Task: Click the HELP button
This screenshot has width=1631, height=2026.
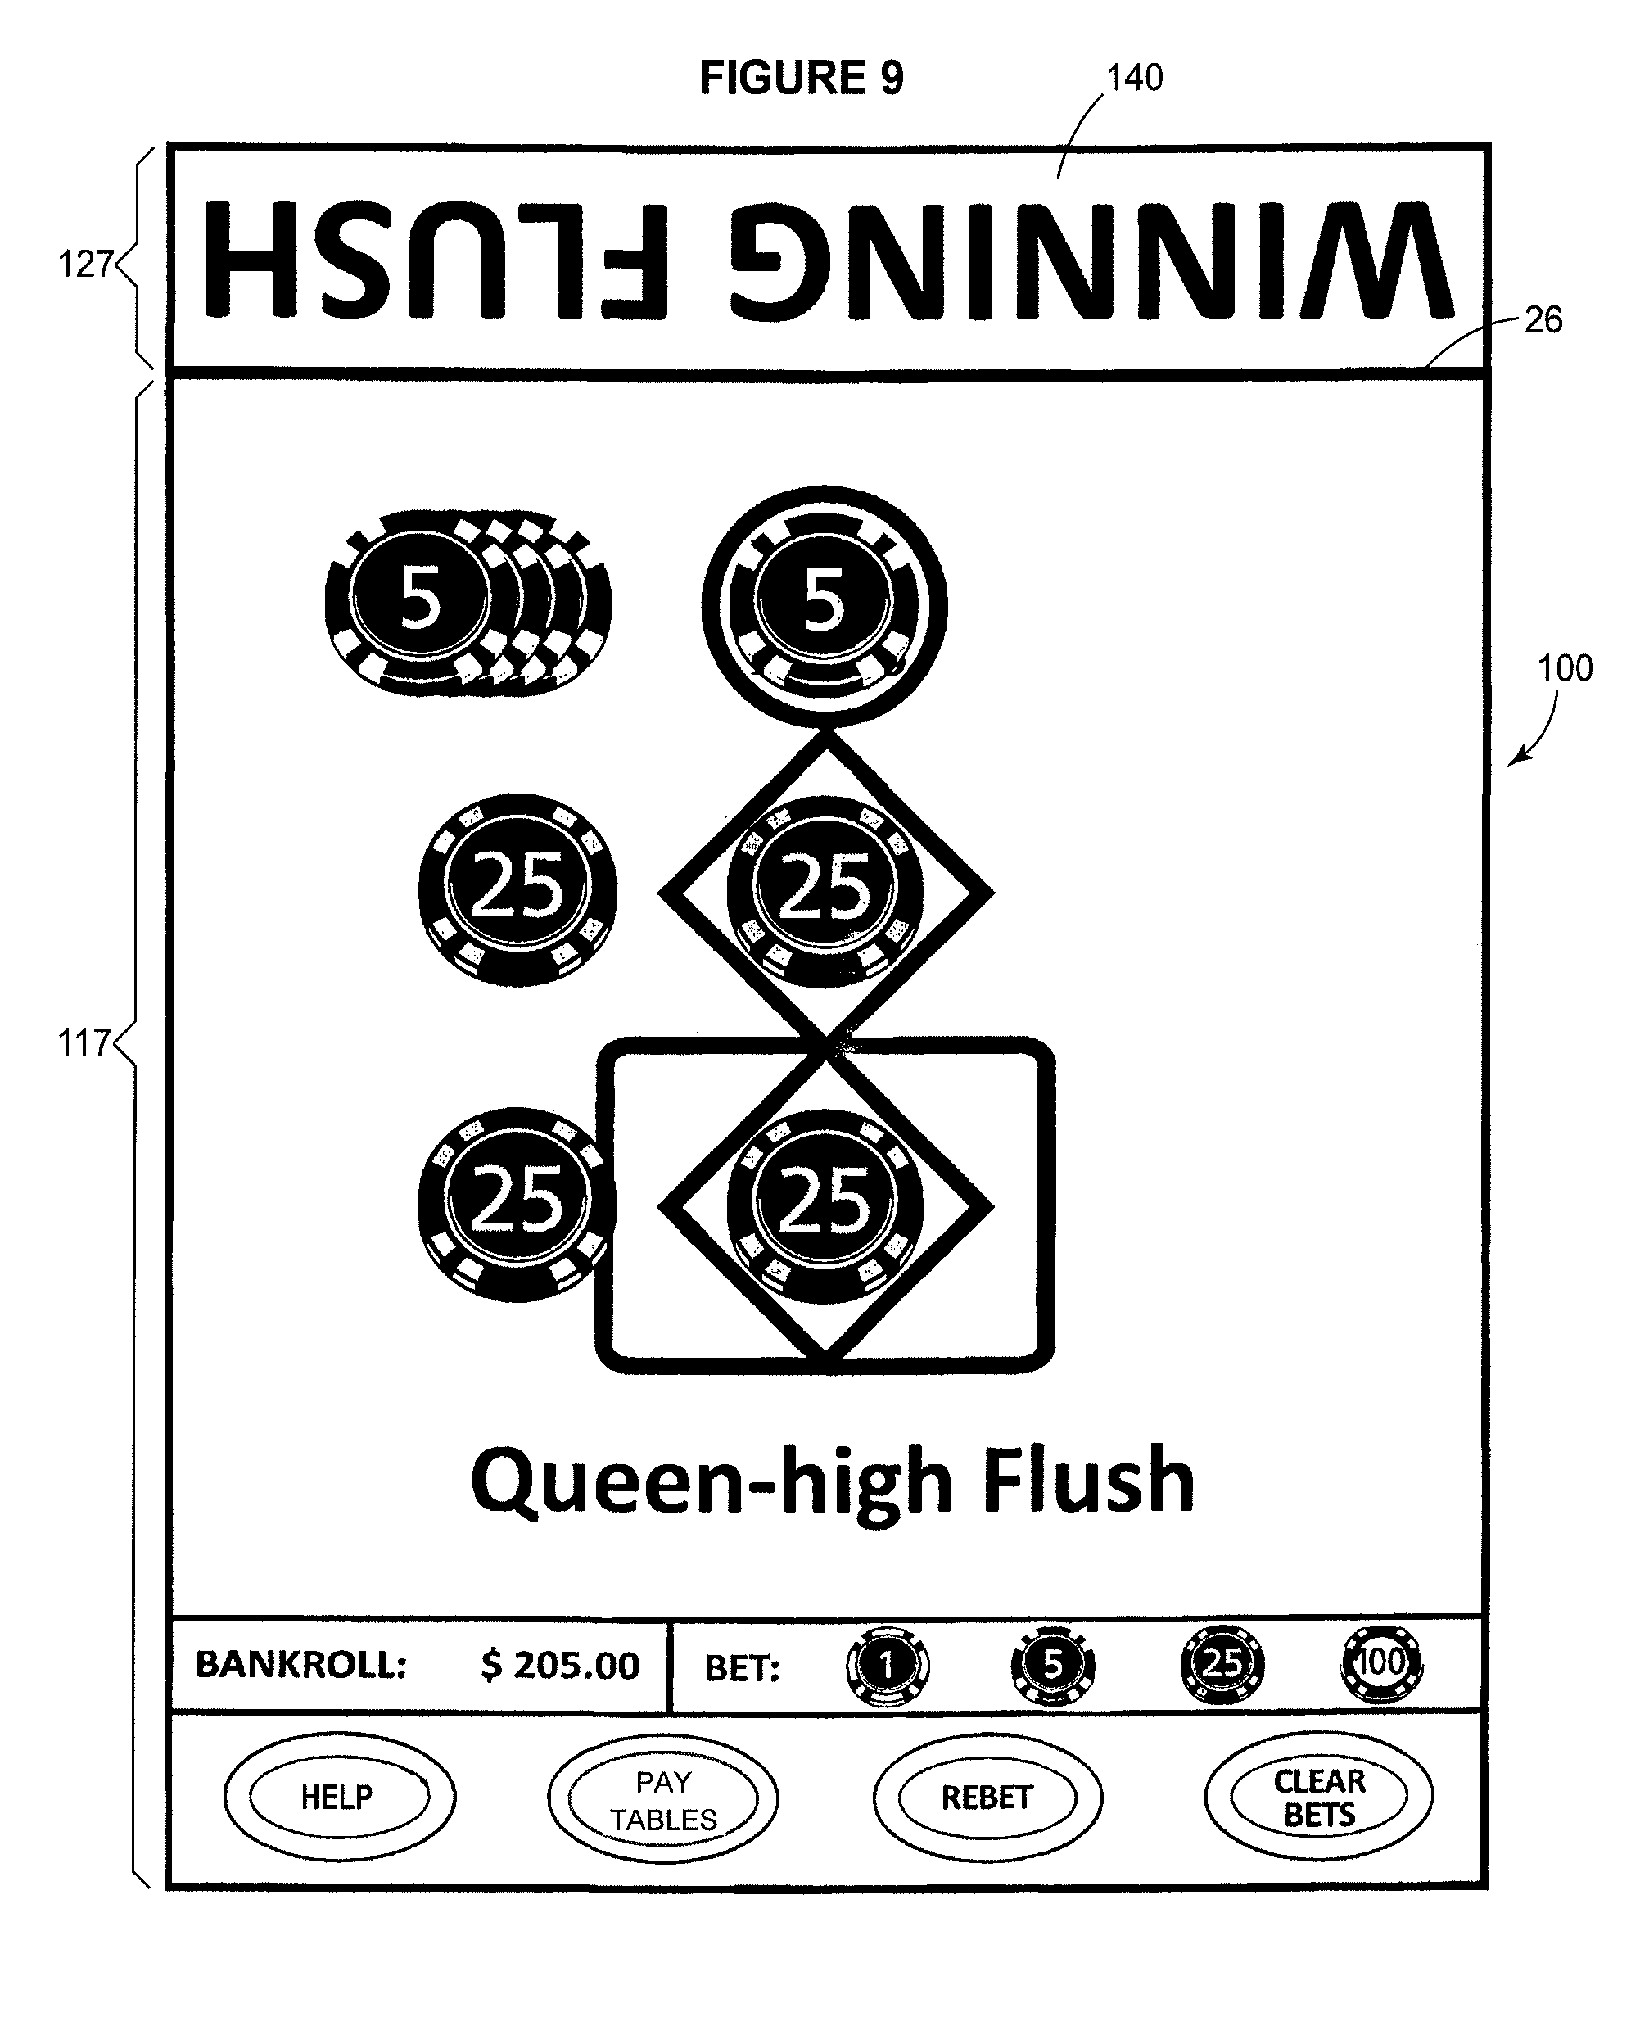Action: (339, 1796)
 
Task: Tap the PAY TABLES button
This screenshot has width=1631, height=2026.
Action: (663, 1799)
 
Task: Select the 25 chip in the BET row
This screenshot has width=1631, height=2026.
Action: (1222, 1664)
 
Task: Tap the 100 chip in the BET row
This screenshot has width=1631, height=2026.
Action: (1381, 1664)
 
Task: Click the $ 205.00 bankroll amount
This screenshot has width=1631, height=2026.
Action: (560, 1665)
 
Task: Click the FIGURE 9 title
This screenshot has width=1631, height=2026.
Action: (802, 77)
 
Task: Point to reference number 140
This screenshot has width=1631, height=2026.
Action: (1135, 78)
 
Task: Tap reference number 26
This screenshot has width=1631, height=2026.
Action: (1543, 320)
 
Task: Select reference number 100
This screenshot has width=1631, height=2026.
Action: (1565, 669)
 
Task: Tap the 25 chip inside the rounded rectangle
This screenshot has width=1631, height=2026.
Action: (825, 1205)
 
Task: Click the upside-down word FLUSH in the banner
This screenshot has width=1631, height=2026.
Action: (437, 260)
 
